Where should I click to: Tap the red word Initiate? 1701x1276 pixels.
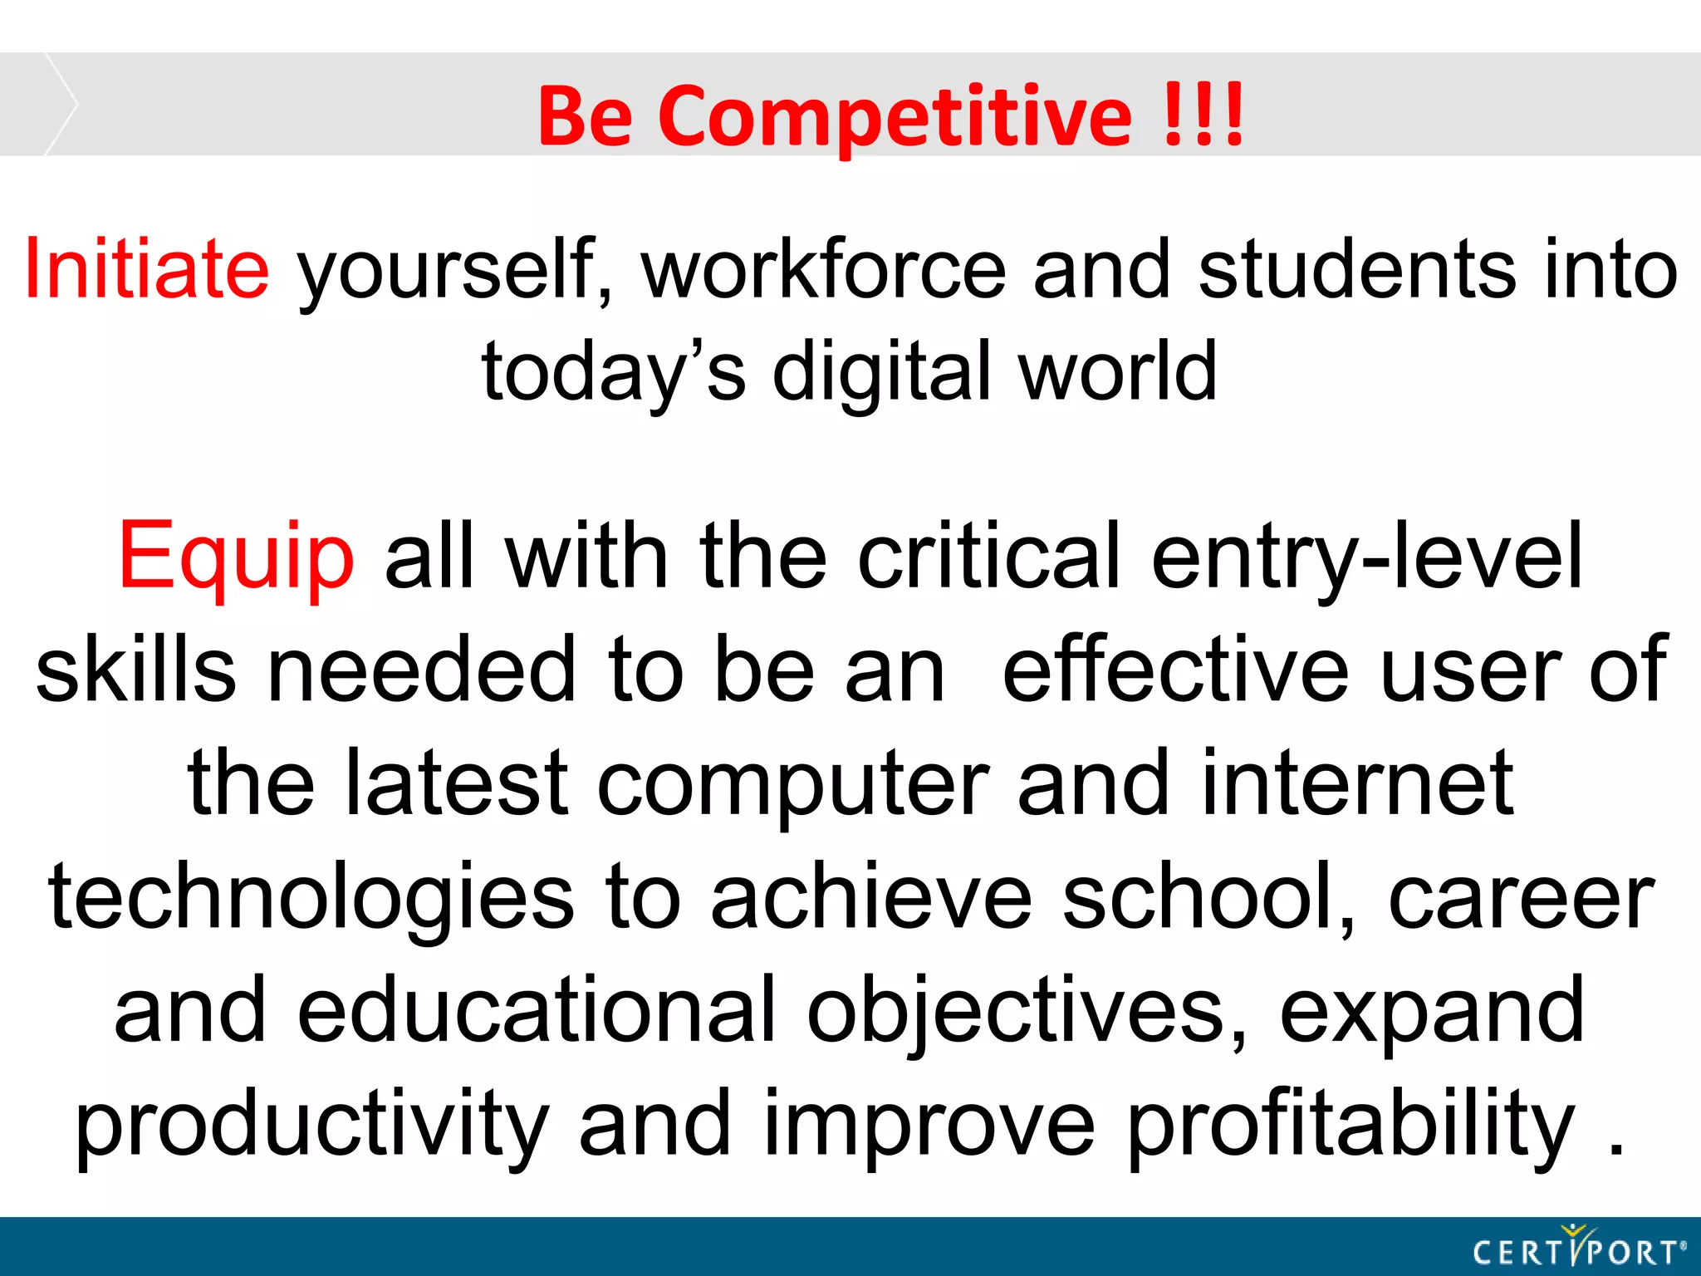(x=147, y=269)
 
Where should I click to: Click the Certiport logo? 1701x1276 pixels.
(x=1579, y=1249)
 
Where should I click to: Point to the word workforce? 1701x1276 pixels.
(x=823, y=269)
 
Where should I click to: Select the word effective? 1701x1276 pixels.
(x=1176, y=670)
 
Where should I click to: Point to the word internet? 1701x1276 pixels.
(x=1357, y=783)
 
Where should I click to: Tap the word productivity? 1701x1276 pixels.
(x=312, y=1124)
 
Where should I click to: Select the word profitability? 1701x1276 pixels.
(x=1351, y=1124)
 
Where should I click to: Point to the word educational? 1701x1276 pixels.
(x=537, y=1010)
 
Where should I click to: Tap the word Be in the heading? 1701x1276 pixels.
(x=585, y=116)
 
